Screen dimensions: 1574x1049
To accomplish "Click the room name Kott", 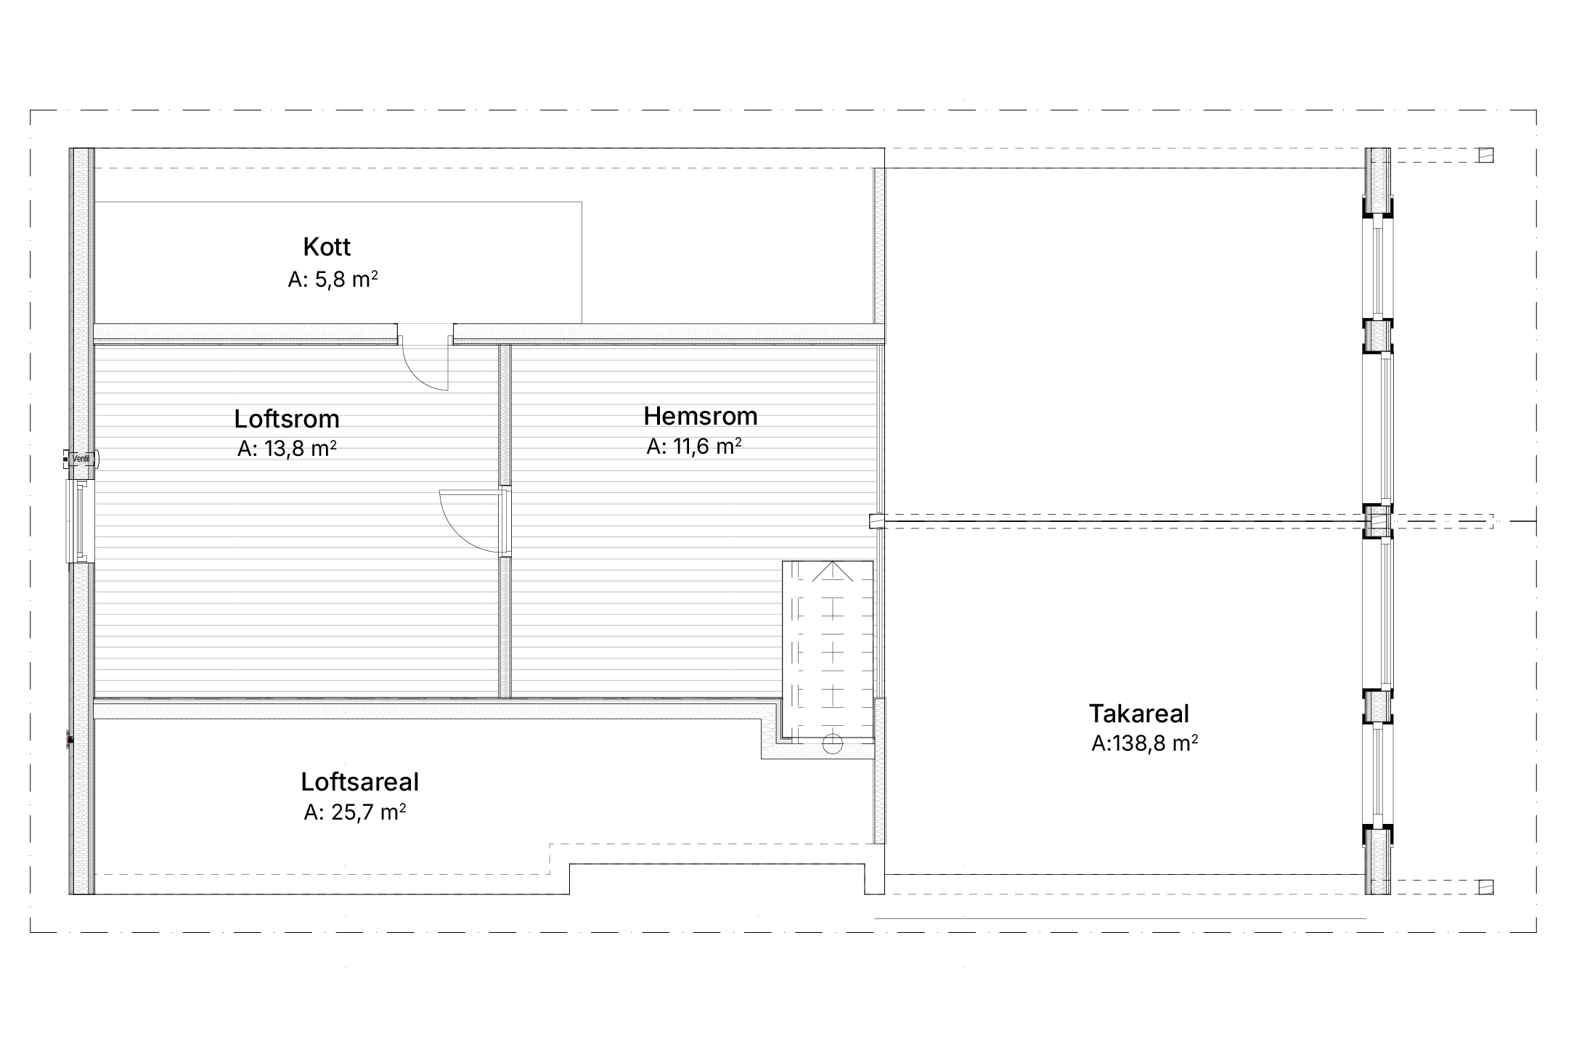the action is click(x=327, y=247).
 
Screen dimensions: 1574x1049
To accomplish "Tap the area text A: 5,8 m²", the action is click(x=333, y=279).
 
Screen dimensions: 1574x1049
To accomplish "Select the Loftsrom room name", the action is click(x=287, y=419).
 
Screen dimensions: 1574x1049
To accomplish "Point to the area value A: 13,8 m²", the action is click(x=287, y=449).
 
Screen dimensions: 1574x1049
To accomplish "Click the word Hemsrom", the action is click(x=701, y=416).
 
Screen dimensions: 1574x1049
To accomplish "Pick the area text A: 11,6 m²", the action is click(x=694, y=446).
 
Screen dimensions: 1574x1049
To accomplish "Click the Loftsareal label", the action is click(x=360, y=782).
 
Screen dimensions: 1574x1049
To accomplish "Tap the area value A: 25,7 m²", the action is click(x=355, y=812).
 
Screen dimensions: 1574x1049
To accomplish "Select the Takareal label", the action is click(x=1139, y=714).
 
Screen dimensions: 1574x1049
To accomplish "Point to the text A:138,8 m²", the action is click(x=1145, y=744).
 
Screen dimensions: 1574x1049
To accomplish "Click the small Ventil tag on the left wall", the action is click(x=81, y=459).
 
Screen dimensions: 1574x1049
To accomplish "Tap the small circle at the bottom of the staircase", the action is click(x=833, y=744).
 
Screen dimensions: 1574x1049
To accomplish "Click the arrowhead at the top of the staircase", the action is click(x=833, y=571).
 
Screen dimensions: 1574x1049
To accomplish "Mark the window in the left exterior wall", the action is click(x=80, y=521).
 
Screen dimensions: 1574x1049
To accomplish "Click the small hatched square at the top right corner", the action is click(x=1486, y=155).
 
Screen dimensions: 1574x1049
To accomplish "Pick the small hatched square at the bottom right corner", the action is click(x=1486, y=886).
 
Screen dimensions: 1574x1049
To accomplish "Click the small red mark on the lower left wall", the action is click(x=70, y=740).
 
